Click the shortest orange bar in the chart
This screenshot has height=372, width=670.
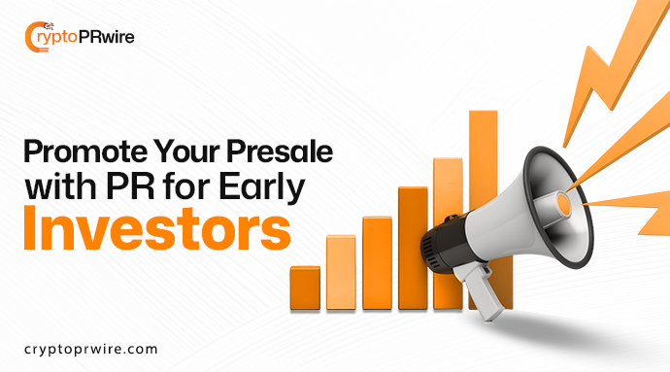(305, 286)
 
